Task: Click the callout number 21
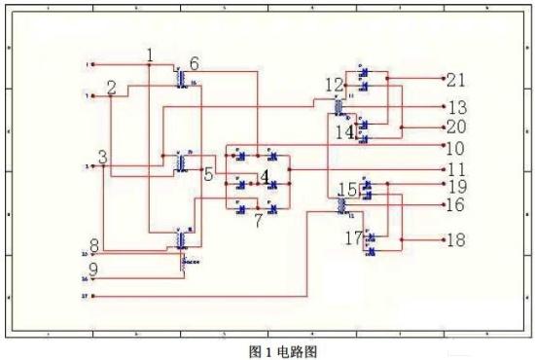[x=456, y=79]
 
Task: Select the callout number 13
[x=457, y=107]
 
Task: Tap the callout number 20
[x=456, y=127]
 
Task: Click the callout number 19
[x=456, y=186]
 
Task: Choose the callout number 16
[x=455, y=205]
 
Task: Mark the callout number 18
[x=455, y=239]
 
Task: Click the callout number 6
[x=195, y=63]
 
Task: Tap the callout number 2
[x=112, y=89]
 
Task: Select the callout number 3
[x=103, y=158]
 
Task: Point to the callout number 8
[x=93, y=244]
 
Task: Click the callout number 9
[x=93, y=270]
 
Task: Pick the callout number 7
[x=258, y=220]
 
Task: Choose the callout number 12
[x=334, y=85]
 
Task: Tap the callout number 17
[x=354, y=237]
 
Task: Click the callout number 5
[x=208, y=174]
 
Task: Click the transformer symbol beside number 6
[x=181, y=78]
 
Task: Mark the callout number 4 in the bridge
[x=265, y=176]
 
